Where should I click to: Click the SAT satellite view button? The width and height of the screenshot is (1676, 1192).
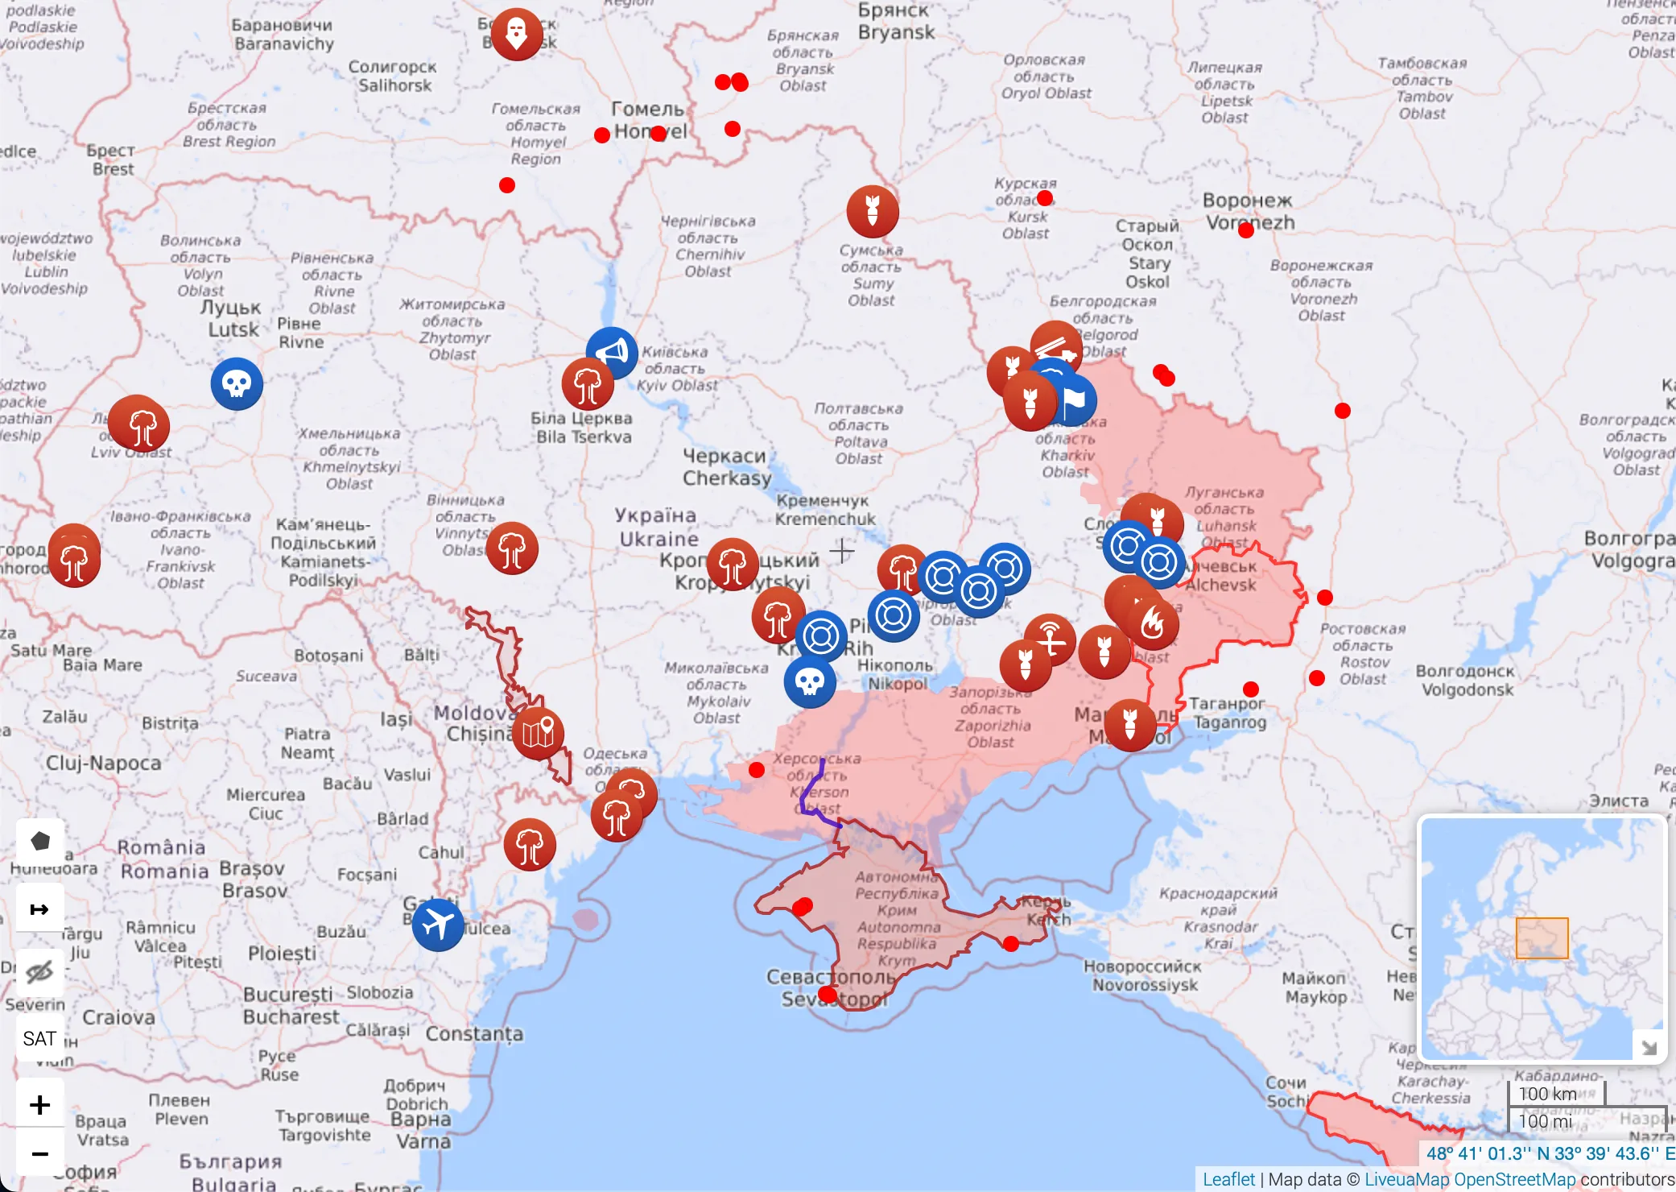point(39,1038)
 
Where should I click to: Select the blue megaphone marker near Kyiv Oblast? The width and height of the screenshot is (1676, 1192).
point(613,351)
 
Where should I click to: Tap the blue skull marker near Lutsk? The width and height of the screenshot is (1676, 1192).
point(237,383)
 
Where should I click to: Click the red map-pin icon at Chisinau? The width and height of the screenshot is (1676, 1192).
point(538,733)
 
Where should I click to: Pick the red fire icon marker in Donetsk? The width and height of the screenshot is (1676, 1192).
point(1153,623)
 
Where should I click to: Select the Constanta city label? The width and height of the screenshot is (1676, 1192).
point(474,1033)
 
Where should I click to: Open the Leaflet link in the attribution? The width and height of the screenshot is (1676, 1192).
point(1228,1179)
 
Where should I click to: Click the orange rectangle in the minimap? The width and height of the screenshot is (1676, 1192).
point(1542,938)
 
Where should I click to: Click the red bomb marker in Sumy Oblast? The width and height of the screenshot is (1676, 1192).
point(872,211)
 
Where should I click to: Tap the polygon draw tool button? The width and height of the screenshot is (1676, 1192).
point(39,841)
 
